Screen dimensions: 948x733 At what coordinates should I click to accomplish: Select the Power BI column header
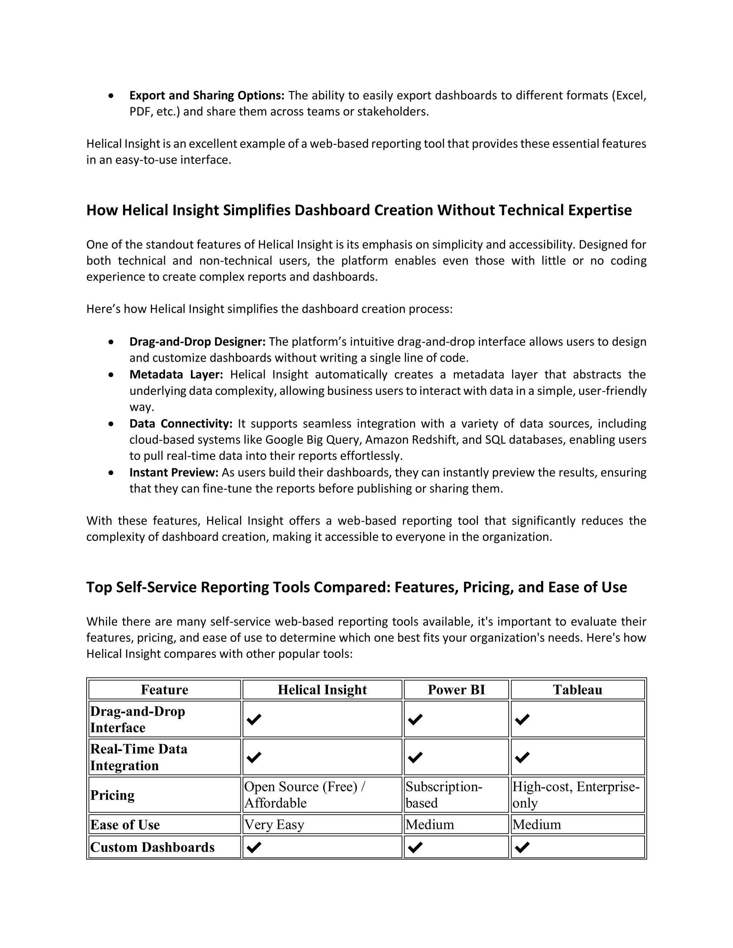456,690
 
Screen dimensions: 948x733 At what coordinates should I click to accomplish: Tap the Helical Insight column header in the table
322,690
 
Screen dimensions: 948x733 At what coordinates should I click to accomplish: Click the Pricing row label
112,795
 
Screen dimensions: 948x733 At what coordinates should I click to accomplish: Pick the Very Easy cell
274,824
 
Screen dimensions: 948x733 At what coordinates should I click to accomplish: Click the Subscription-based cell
444,795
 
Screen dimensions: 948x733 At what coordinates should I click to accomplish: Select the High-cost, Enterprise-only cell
576,795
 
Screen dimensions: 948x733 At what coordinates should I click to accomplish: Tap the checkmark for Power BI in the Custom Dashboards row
416,847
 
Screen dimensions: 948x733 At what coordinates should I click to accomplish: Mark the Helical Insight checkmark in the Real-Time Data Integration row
254,757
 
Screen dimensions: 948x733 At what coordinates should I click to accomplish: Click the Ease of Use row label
125,824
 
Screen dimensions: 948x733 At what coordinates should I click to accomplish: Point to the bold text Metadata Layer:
176,375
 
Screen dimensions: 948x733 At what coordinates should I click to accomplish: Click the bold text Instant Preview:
174,472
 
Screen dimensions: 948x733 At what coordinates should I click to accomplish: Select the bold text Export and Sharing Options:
207,96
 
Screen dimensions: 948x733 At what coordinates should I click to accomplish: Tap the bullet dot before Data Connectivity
112,424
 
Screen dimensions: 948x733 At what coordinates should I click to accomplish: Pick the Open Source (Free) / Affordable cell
305,795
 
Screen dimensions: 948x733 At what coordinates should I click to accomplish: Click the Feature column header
165,690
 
